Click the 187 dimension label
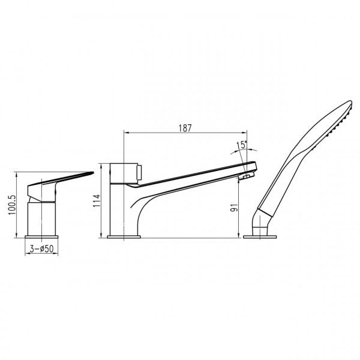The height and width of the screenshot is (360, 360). (185, 128)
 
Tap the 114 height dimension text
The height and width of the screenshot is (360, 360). (97, 200)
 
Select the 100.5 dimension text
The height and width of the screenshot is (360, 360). (12, 205)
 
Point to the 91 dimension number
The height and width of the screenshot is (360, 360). (235, 208)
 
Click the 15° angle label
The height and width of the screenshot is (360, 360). (242, 145)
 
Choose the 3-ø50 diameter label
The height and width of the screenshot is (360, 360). (41, 249)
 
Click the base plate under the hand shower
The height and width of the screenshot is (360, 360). (260, 237)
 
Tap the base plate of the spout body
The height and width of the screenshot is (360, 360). (124, 237)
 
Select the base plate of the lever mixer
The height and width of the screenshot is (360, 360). (41, 237)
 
